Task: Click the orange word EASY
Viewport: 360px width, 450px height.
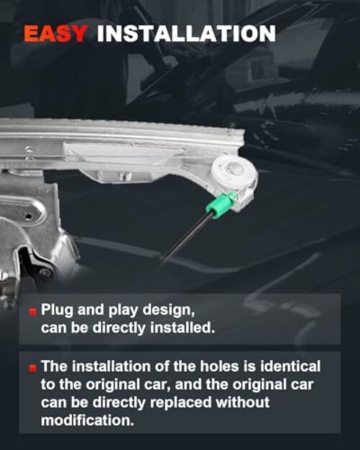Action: click(x=55, y=34)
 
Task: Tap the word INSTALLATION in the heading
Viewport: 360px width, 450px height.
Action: click(x=186, y=34)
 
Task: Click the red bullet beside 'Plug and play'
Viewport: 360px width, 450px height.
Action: click(x=33, y=311)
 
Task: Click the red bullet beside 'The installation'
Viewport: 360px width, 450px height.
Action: click(x=33, y=368)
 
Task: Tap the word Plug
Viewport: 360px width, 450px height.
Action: click(x=57, y=310)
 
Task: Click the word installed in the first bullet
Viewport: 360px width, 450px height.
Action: click(x=183, y=328)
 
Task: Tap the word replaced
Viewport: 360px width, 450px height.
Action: click(x=181, y=402)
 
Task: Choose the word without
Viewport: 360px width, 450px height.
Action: click(x=243, y=402)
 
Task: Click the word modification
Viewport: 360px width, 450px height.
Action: click(x=87, y=420)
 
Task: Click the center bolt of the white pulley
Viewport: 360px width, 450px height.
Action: click(x=234, y=168)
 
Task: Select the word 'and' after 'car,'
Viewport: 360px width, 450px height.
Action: click(x=188, y=384)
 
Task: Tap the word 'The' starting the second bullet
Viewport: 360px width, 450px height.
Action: click(x=55, y=366)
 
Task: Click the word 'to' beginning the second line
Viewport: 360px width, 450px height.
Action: click(x=48, y=384)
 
